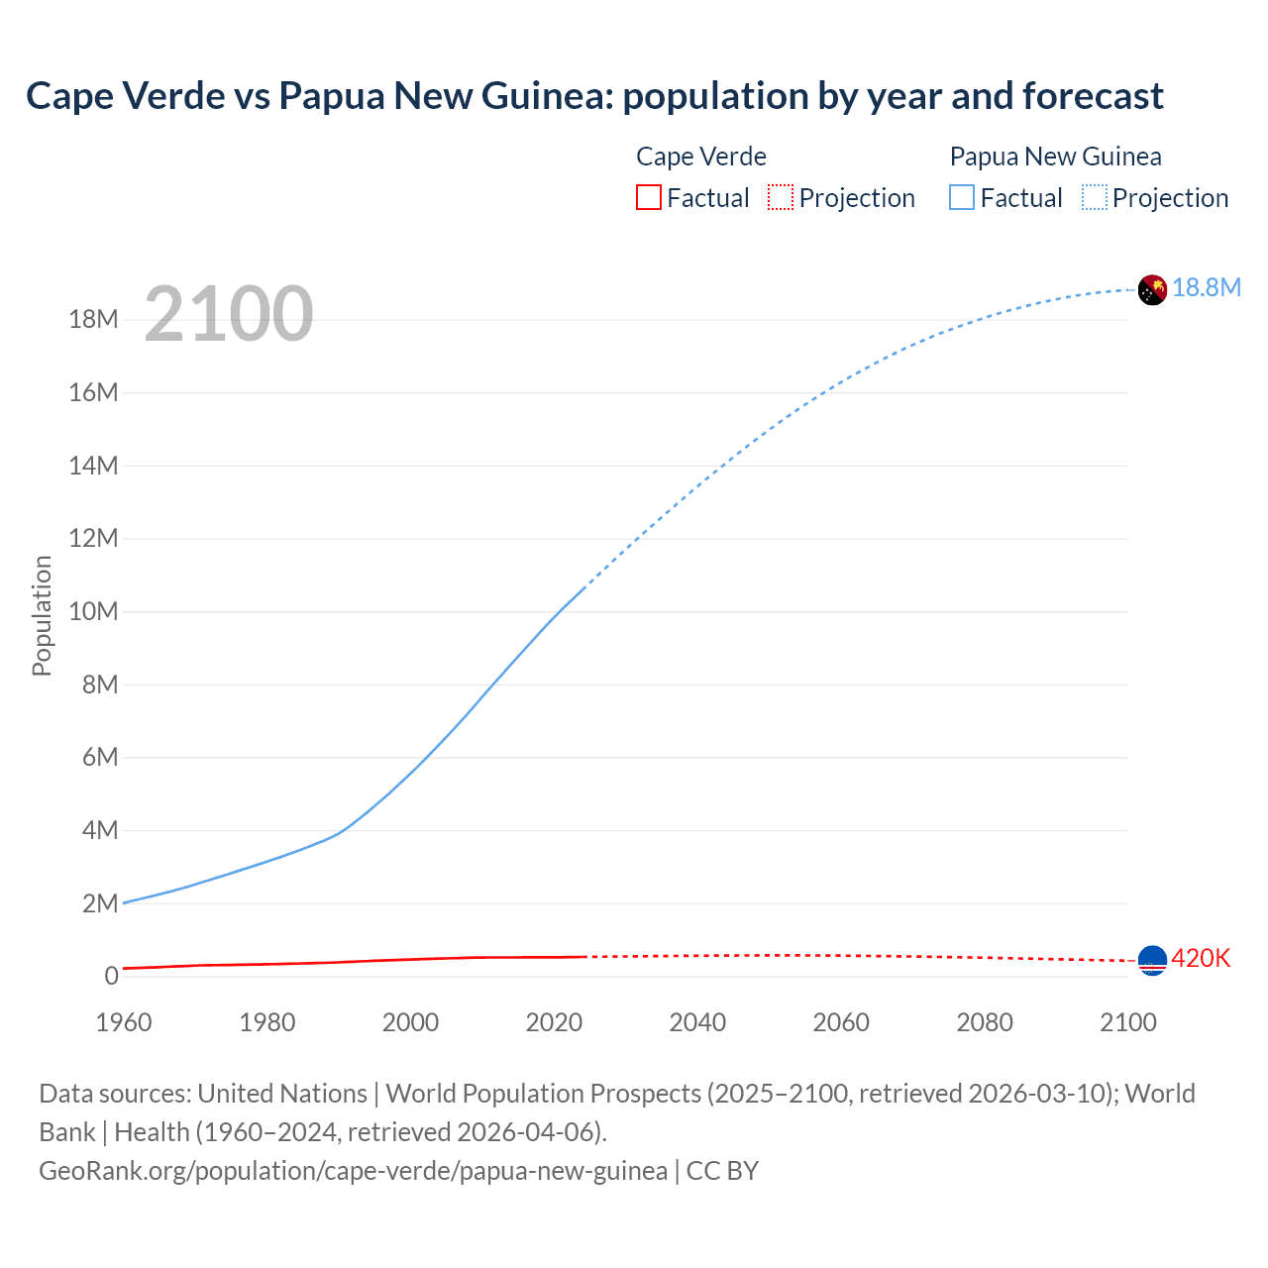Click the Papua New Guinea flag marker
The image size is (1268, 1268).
coord(1152,289)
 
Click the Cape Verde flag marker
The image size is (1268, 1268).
coord(1152,960)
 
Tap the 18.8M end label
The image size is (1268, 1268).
coord(1207,287)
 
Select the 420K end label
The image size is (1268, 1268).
coord(1201,958)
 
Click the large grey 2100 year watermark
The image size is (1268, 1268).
coord(229,314)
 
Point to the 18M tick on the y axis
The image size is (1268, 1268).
coord(93,319)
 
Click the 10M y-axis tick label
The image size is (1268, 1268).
coord(93,611)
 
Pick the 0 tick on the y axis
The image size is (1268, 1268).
coord(111,976)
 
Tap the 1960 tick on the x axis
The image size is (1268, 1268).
coord(124,1022)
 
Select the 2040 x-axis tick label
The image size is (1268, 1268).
coord(697,1022)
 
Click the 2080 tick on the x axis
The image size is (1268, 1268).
coord(985,1022)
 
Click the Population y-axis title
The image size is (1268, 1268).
coord(42,615)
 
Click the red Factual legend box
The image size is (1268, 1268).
coord(648,197)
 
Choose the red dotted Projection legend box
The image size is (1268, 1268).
coord(781,197)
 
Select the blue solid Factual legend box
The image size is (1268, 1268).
coord(962,197)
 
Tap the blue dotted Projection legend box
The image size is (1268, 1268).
coord(1095,197)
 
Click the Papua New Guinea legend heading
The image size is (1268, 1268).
coord(1055,157)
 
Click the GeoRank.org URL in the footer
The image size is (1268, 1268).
coord(353,1171)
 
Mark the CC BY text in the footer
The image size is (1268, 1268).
coord(722,1171)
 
